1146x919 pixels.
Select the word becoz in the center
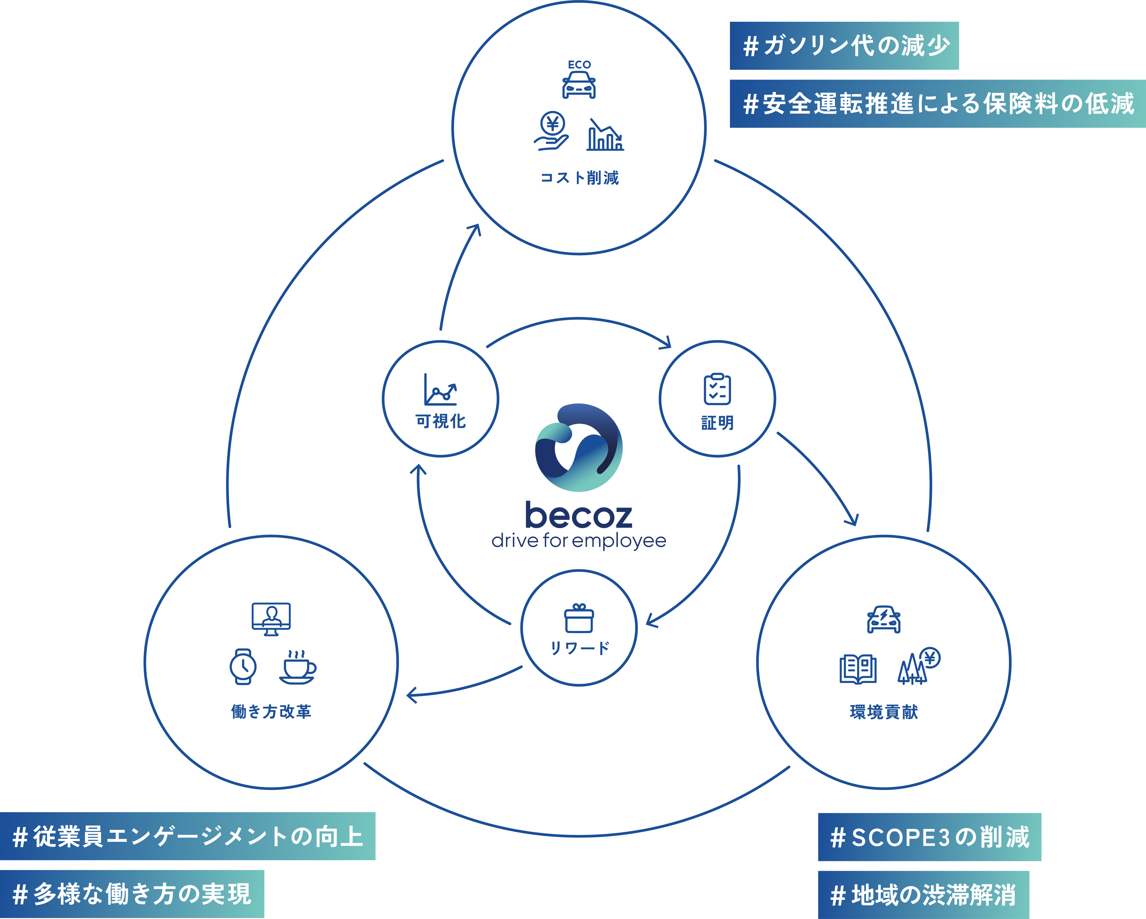point(579,515)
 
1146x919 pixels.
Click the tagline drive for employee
point(579,541)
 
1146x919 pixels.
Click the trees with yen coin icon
point(918,667)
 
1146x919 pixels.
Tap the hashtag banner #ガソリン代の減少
point(844,46)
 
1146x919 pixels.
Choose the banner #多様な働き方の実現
point(132,894)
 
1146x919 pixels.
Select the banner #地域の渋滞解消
point(923,895)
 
